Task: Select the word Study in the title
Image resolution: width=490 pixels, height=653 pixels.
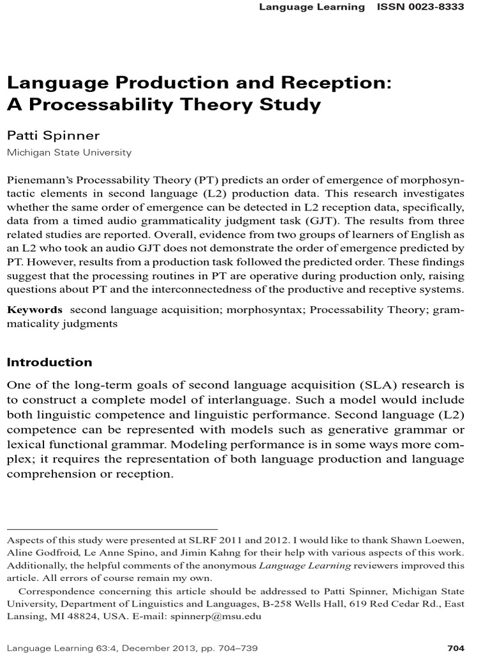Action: [290, 105]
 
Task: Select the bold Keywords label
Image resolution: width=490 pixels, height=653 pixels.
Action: [34, 309]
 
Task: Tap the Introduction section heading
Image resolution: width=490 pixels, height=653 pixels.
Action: [49, 362]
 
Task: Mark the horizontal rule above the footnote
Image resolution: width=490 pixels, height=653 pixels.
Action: [112, 529]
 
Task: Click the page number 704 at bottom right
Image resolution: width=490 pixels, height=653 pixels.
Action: [456, 648]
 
